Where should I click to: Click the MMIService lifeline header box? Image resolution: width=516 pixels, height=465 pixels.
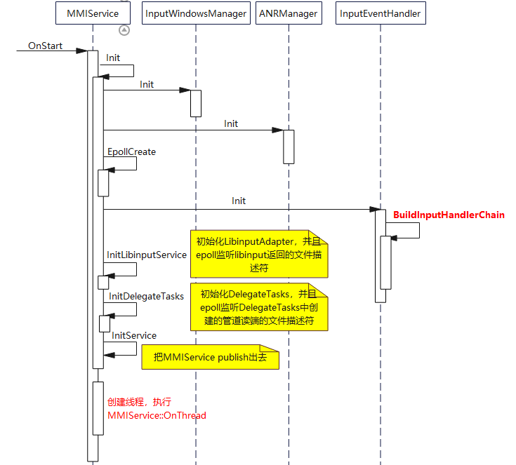point(93,13)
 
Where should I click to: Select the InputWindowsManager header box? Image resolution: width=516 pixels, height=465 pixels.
point(196,13)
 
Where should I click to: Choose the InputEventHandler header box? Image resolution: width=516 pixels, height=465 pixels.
point(380,13)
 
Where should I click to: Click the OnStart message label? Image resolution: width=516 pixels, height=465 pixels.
point(45,46)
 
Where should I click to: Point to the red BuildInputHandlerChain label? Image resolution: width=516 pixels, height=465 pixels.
point(449,215)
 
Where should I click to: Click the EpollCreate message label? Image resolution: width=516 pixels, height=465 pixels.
point(131,151)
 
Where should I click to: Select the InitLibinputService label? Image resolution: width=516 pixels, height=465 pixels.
point(147,255)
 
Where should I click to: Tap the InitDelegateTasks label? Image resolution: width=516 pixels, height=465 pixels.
point(146,296)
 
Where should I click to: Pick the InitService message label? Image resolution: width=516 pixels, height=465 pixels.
point(134,336)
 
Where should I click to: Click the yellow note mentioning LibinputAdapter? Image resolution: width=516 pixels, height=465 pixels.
point(259,255)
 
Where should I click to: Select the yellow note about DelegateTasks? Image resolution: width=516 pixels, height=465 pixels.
point(259,307)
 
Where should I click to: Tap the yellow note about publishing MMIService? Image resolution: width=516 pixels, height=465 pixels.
point(210,357)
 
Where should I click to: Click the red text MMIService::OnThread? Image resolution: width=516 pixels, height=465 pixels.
point(157,415)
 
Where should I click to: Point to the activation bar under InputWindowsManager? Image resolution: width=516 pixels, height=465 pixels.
point(196,103)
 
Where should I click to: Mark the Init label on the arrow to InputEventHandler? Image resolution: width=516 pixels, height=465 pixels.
point(239,201)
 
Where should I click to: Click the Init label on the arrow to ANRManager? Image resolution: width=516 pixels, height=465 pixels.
point(231,123)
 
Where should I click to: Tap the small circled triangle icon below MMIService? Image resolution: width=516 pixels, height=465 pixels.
point(124,29)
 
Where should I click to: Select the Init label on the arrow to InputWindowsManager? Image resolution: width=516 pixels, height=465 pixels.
point(147,84)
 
